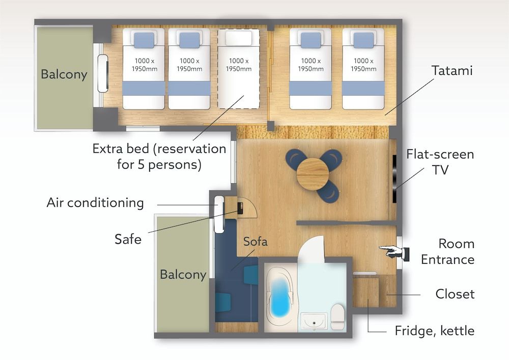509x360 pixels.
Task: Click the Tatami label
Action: [452, 70]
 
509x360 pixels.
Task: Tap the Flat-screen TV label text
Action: [440, 162]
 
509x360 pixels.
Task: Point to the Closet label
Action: [455, 294]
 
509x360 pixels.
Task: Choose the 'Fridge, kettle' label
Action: [434, 331]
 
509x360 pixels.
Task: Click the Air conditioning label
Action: [95, 203]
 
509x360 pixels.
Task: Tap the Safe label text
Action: [128, 238]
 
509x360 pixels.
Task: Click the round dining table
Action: [313, 174]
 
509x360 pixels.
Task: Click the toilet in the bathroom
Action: [337, 317]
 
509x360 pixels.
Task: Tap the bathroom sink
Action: [314, 321]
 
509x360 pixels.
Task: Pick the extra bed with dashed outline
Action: [238, 69]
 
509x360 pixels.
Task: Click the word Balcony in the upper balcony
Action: [64, 74]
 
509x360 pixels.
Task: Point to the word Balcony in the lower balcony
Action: [183, 274]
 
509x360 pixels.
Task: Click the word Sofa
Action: [255, 241]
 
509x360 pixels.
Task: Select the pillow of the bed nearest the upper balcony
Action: [144, 40]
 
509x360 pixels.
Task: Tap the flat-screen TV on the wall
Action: [394, 179]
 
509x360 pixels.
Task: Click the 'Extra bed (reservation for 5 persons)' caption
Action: [159, 157]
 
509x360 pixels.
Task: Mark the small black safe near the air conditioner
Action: [240, 208]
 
